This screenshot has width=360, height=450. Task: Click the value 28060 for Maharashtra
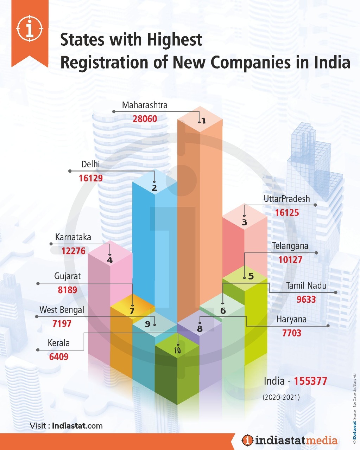[145, 119]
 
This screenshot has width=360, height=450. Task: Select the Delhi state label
[91, 164]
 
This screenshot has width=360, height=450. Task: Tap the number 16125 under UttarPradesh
[287, 213]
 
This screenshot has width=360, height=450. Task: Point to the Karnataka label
[73, 237]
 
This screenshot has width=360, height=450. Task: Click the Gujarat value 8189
[68, 290]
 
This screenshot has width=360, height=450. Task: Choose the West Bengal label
[62, 310]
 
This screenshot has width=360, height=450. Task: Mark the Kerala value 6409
[59, 357]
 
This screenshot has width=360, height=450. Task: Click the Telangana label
[290, 246]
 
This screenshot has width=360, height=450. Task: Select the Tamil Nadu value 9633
[306, 300]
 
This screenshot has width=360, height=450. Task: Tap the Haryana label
[291, 320]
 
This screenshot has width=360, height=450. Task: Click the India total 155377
[310, 381]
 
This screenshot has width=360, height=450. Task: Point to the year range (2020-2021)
[281, 397]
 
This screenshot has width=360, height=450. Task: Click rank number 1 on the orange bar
[203, 121]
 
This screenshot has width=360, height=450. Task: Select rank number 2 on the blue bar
[154, 188]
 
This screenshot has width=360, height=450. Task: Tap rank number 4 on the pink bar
[110, 260]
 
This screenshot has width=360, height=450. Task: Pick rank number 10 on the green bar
[177, 351]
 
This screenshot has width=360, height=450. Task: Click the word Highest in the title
[175, 40]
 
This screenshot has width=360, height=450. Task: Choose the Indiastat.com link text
[77, 426]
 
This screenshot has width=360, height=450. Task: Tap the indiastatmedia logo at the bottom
[290, 440]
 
